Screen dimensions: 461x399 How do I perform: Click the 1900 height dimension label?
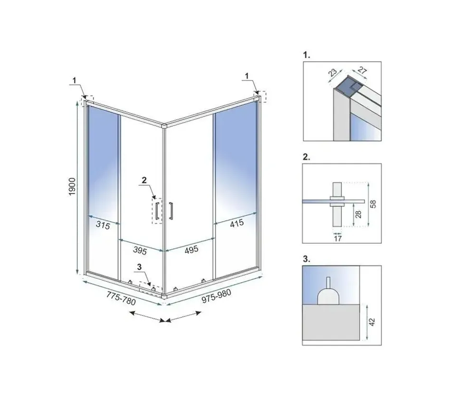tap(72, 187)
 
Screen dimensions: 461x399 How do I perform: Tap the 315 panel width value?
tap(103, 225)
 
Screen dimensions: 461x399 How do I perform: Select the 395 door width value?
tap(140, 251)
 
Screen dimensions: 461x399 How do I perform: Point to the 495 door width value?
tap(191, 250)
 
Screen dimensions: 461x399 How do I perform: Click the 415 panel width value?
tap(236, 223)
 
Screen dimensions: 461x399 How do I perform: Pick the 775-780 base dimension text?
tap(121, 298)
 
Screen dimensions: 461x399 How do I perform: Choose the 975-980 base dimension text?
tap(216, 296)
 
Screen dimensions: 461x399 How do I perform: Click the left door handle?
tap(157, 211)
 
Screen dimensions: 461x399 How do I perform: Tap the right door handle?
tap(171, 211)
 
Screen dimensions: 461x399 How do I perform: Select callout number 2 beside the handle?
tap(144, 180)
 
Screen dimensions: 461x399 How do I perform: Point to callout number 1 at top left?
tap(74, 80)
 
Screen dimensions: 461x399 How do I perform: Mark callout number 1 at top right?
tap(246, 76)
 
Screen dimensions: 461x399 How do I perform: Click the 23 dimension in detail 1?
tap(333, 72)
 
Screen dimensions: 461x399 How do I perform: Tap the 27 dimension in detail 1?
tap(362, 71)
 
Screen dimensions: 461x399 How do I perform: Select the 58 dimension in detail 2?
tap(373, 204)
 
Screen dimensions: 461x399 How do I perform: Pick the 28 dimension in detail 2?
tap(359, 215)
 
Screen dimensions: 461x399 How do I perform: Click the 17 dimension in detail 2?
tap(338, 238)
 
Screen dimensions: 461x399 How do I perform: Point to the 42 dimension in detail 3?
tap(372, 322)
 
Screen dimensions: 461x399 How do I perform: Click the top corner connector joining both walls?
tap(164, 126)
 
